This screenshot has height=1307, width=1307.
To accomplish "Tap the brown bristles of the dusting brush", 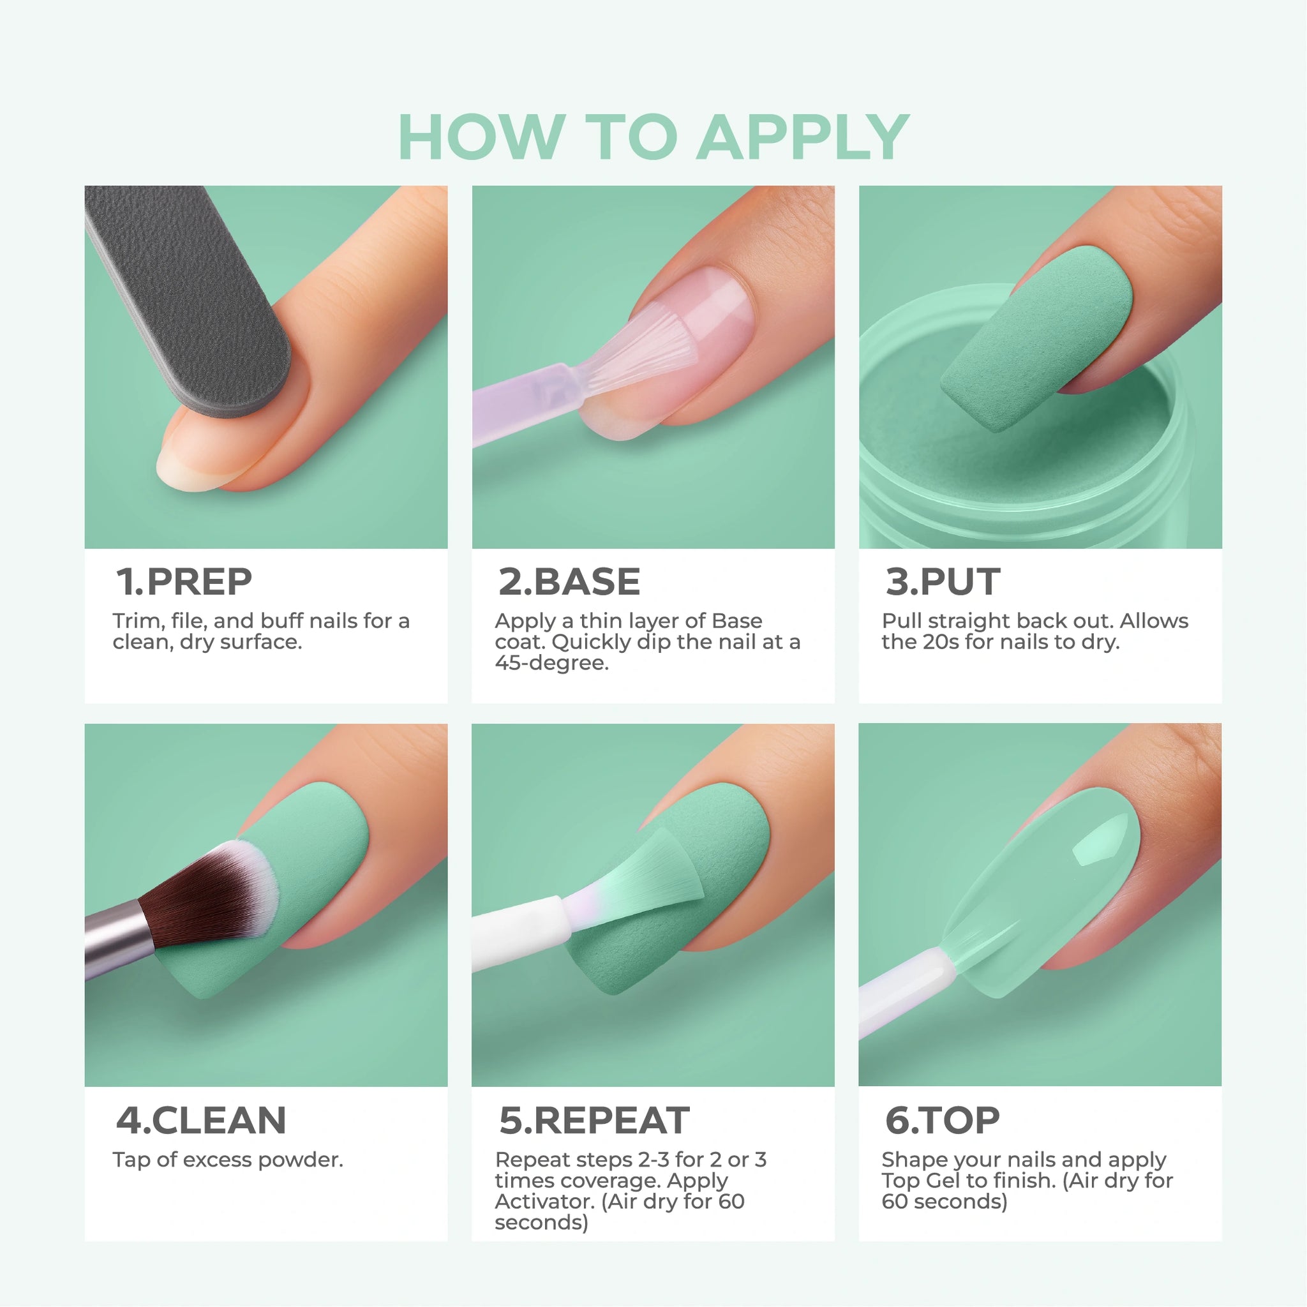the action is click(x=203, y=900).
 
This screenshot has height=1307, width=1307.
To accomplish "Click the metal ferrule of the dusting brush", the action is click(x=119, y=937).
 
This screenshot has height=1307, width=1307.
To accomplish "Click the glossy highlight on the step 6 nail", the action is click(x=1102, y=837).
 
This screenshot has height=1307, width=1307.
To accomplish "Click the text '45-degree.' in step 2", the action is click(x=551, y=663).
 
